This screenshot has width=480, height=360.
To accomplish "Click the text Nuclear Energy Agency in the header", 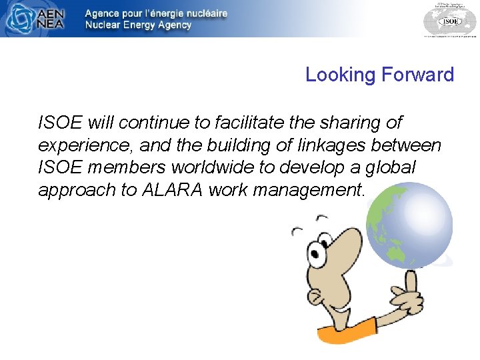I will (x=138, y=25).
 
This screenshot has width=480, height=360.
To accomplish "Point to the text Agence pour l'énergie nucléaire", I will (x=156, y=13).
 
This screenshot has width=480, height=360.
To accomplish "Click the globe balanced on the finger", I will (x=409, y=225).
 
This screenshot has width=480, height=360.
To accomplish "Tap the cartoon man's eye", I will (x=315, y=252).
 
